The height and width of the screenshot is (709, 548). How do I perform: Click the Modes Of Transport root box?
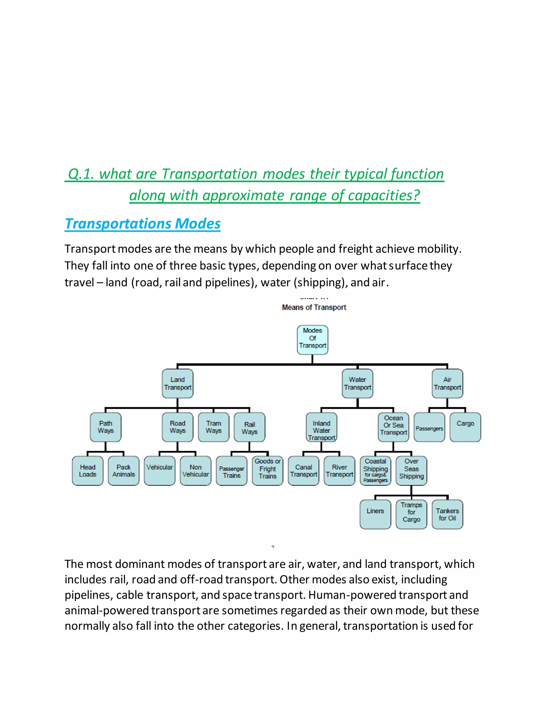pyautogui.click(x=312, y=340)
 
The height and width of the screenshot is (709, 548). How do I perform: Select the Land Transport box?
pyautogui.click(x=178, y=383)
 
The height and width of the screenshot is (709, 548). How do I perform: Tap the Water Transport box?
pyautogui.click(x=357, y=383)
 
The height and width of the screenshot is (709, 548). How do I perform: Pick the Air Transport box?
pyautogui.click(x=447, y=383)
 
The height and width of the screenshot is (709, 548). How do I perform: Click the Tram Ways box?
pyautogui.click(x=214, y=427)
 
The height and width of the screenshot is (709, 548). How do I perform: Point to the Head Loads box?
pyautogui.click(x=88, y=471)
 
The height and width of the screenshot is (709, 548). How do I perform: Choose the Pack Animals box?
pyautogui.click(x=124, y=471)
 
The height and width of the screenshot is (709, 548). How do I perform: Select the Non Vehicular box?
pyautogui.click(x=195, y=471)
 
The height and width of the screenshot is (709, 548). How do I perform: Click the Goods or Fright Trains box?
pyautogui.click(x=268, y=471)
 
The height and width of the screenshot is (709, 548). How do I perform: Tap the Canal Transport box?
pyautogui.click(x=303, y=471)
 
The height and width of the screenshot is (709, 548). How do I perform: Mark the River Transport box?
pyautogui.click(x=340, y=471)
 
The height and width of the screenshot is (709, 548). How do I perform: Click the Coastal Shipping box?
pyautogui.click(x=376, y=471)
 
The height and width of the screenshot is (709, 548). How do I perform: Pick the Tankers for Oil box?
pyautogui.click(x=447, y=514)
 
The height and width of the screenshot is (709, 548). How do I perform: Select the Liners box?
pyautogui.click(x=375, y=514)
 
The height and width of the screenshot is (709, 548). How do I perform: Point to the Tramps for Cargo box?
pyautogui.click(x=411, y=514)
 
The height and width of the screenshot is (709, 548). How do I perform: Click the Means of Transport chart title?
pyautogui.click(x=314, y=307)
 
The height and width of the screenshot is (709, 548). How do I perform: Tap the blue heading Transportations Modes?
pyautogui.click(x=143, y=224)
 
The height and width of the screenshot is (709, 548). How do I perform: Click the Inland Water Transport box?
pyautogui.click(x=321, y=427)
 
